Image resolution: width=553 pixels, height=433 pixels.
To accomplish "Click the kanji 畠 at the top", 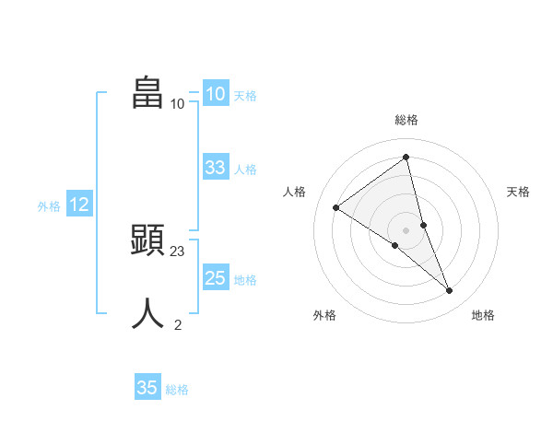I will [148, 93].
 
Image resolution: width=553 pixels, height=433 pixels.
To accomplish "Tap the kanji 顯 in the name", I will [148, 240].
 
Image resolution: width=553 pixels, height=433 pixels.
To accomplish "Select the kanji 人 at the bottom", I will [148, 313].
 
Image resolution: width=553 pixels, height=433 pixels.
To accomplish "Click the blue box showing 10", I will [215, 94].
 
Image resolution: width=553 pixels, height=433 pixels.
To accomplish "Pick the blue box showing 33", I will [215, 168].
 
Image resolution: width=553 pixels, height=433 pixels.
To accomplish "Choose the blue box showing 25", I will [215, 277].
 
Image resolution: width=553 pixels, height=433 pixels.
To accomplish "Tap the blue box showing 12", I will [78, 205].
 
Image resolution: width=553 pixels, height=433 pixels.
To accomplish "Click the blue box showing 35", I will [147, 388].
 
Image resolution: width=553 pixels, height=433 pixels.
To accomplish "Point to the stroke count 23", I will [178, 251].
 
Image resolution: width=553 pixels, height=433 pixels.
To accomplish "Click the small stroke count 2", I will [178, 324].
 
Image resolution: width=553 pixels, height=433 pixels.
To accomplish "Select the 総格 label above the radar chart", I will [406, 120].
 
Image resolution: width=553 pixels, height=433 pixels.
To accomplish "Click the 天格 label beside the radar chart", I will [518, 192].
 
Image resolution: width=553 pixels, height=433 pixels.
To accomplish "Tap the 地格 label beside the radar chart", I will [483, 315].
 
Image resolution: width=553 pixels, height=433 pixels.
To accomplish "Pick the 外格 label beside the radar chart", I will [324, 315].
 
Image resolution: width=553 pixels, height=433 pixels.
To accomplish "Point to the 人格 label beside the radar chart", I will [294, 192].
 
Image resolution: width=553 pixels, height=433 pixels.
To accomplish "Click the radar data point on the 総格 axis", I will [406, 157].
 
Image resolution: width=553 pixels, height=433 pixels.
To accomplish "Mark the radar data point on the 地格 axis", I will [450, 291].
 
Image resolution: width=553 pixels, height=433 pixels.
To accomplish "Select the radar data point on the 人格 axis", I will [335, 207].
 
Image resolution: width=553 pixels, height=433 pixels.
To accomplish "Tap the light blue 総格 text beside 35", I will [177, 390].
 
